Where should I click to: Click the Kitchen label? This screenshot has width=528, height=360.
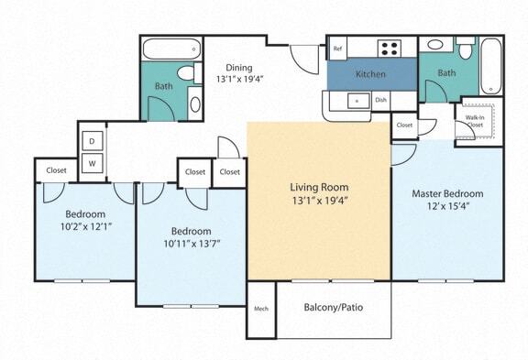tap(370, 74)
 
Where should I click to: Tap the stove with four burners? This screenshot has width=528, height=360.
tap(390, 49)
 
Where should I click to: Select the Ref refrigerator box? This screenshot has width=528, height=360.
tap(337, 49)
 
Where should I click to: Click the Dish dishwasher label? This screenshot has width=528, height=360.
tap(380, 100)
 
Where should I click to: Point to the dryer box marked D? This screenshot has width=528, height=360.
tap(93, 141)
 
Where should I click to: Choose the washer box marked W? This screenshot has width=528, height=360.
tap(93, 163)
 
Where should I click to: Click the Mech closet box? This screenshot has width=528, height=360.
tap(260, 309)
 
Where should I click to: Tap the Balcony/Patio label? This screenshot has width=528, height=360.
tap(333, 307)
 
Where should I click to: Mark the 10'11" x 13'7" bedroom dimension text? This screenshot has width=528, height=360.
tap(192, 244)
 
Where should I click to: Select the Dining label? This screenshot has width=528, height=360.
tap(240, 67)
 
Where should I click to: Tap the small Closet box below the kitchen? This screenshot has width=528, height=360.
tap(404, 125)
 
